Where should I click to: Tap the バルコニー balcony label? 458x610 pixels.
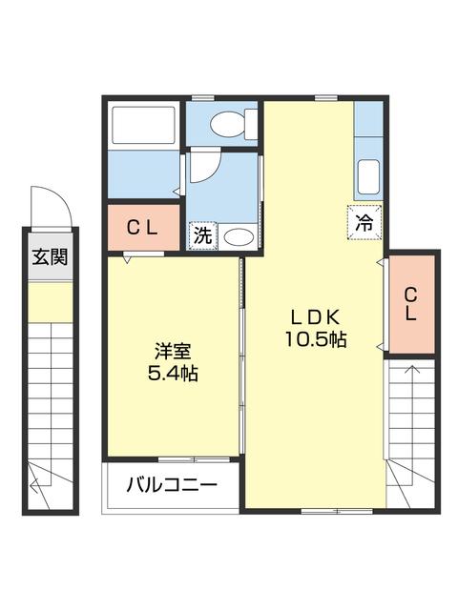(172, 485)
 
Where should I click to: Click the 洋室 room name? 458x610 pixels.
(172, 350)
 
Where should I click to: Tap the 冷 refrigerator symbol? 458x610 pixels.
(364, 221)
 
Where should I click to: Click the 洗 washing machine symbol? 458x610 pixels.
(202, 234)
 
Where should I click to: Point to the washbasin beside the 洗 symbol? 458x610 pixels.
(239, 236)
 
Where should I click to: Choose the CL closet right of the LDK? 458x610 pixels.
(410, 303)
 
